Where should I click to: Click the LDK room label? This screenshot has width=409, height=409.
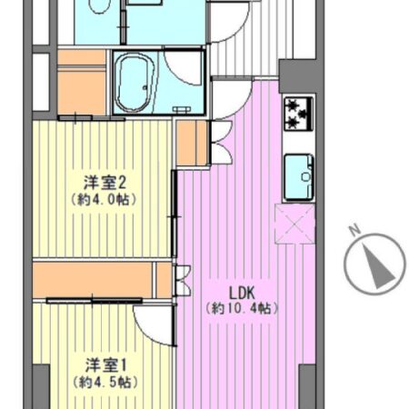tap(241, 292)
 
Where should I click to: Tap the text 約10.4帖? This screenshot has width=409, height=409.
tap(241, 308)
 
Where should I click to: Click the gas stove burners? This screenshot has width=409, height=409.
tap(298, 114)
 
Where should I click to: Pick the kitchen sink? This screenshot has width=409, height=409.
tap(299, 175)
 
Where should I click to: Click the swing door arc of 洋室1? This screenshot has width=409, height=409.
tap(152, 320)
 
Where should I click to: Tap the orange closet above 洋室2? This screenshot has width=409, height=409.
tap(82, 85)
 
